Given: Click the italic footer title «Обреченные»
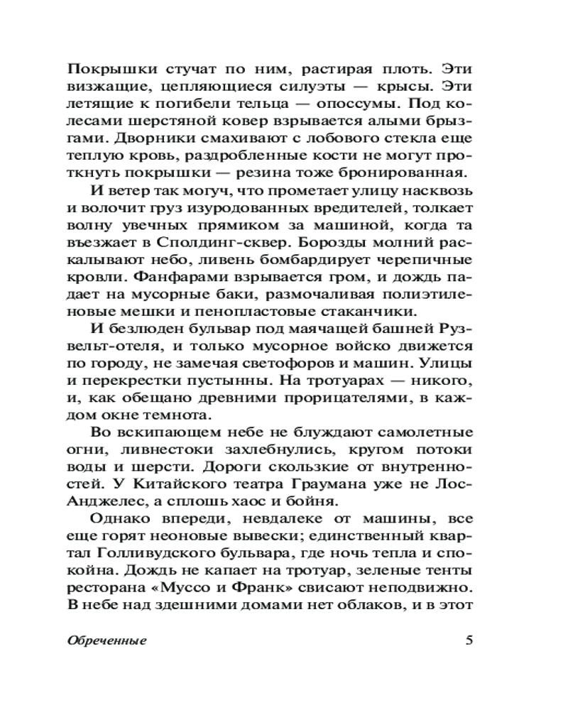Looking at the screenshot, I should click(106, 640).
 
